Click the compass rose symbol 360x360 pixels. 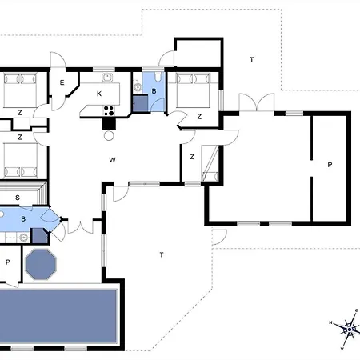point(349,327)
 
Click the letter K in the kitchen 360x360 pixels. point(99,94)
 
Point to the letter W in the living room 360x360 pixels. point(113,160)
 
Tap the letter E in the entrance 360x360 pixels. point(61,82)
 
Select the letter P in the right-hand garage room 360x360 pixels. point(329,165)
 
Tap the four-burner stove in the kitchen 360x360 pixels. point(109,113)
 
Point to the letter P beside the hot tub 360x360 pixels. point(8,262)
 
